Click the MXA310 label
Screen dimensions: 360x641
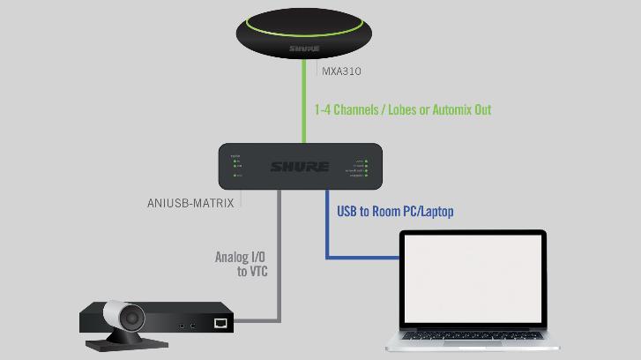(x=341, y=71)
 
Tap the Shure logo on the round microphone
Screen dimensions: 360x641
(x=304, y=49)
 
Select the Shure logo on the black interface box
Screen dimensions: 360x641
(x=300, y=167)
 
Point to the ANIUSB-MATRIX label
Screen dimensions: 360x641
(x=190, y=203)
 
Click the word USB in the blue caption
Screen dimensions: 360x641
(x=347, y=212)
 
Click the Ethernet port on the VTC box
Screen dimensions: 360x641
(x=220, y=324)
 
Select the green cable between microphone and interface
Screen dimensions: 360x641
(x=305, y=106)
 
